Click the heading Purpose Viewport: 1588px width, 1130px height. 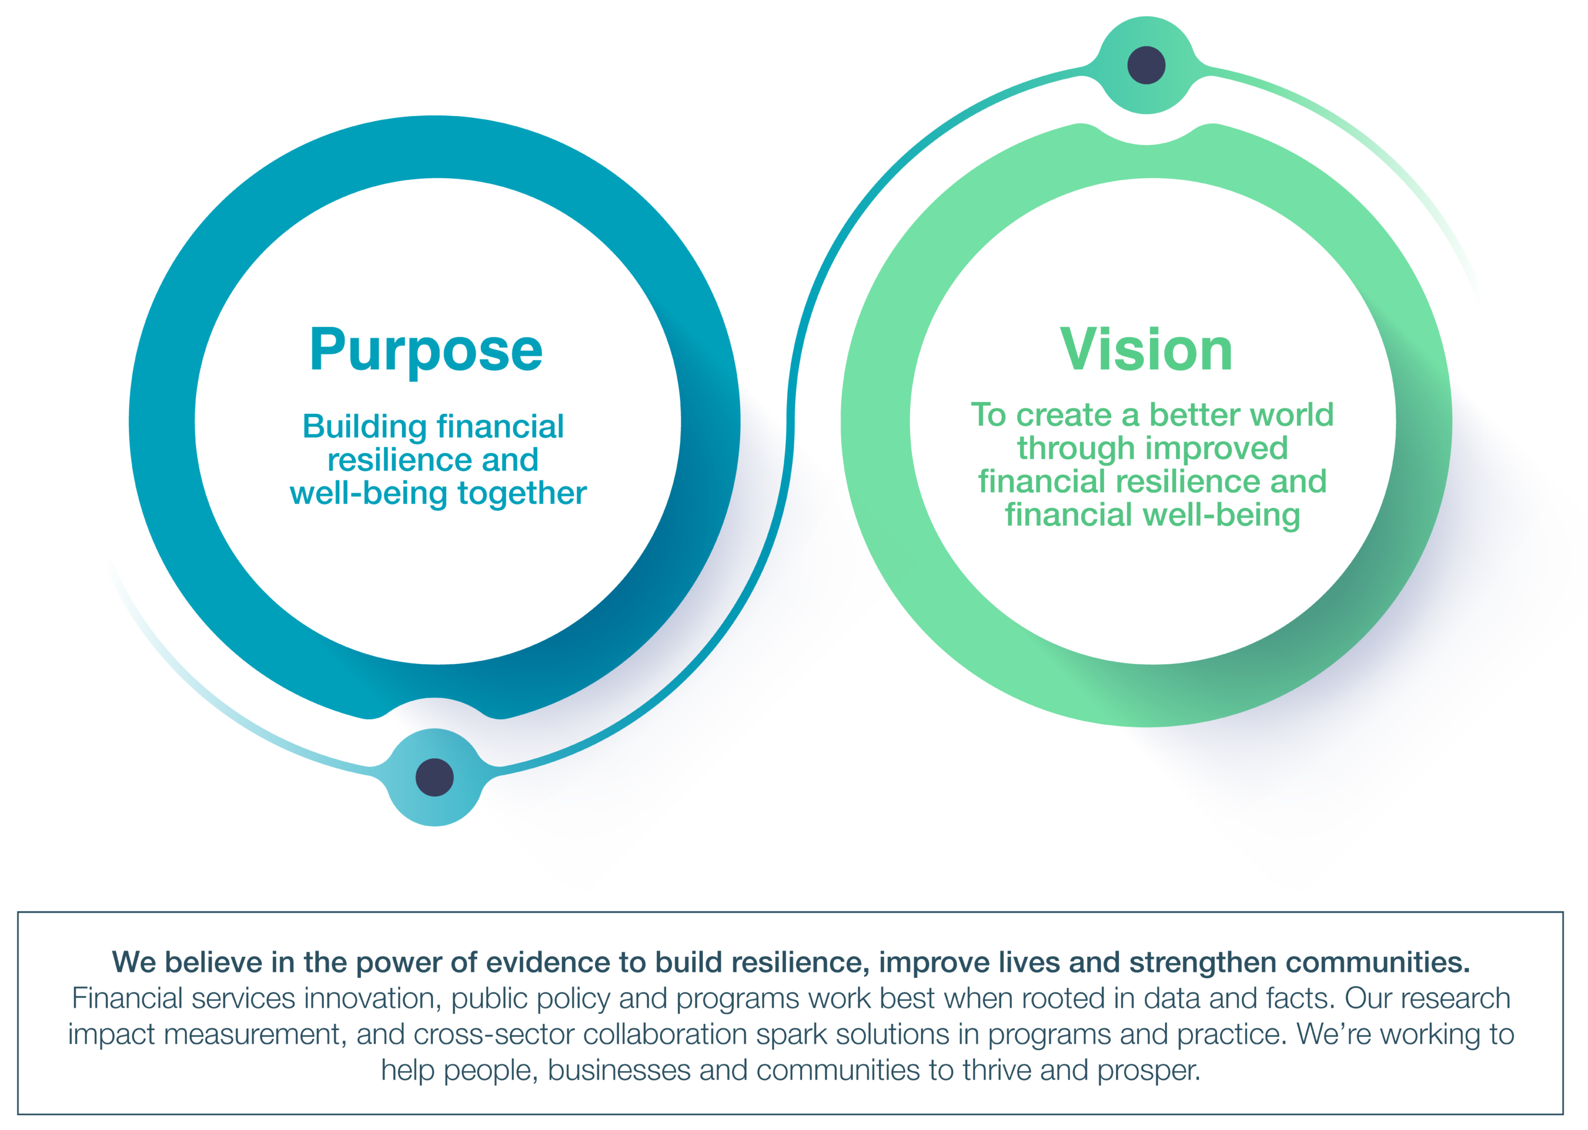pyautogui.click(x=426, y=350)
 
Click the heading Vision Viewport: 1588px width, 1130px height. pyautogui.click(x=1146, y=349)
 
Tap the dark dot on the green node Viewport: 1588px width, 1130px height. pyautogui.click(x=1146, y=65)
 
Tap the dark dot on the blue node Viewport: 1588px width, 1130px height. pyautogui.click(x=435, y=777)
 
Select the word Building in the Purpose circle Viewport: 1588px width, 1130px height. pyautogui.click(x=365, y=427)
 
